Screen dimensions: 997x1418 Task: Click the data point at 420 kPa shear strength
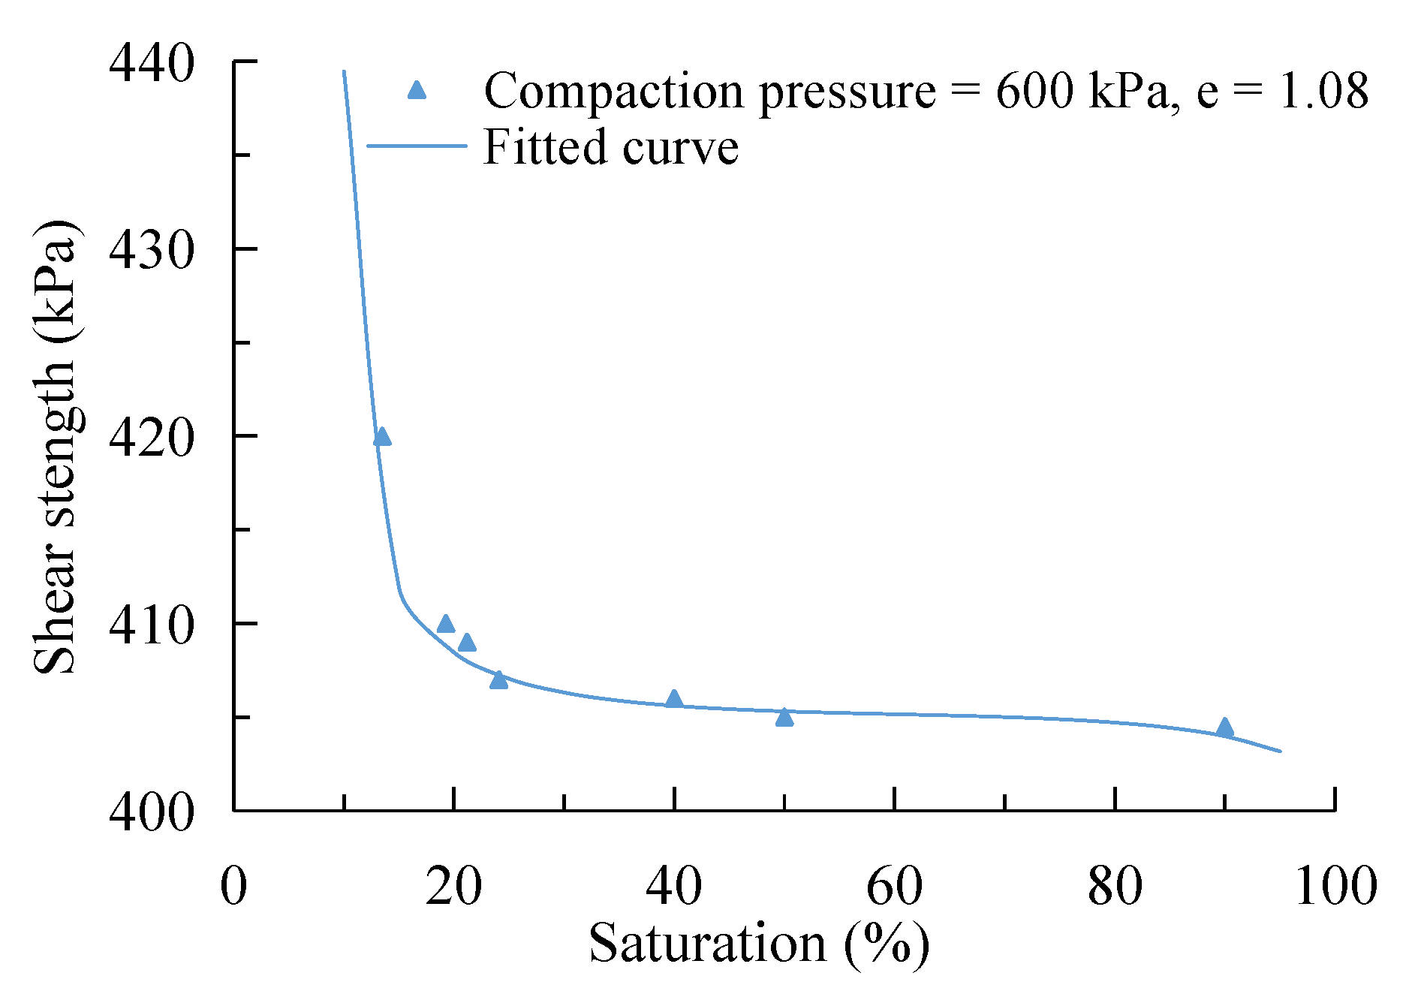pyautogui.click(x=382, y=437)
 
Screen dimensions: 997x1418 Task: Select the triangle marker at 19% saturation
pyautogui.click(x=446, y=624)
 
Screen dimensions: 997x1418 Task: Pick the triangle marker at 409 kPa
pyautogui.click(x=467, y=643)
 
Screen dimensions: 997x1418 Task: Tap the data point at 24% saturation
pyautogui.click(x=499, y=680)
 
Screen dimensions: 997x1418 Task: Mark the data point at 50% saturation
pyautogui.click(x=784, y=718)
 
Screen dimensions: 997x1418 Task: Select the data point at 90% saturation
pyautogui.click(x=1225, y=727)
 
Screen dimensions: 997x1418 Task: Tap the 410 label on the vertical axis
pyautogui.click(x=151, y=625)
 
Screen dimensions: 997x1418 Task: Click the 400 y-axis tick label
pyautogui.click(x=151, y=812)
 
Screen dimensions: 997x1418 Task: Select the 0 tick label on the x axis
pyautogui.click(x=233, y=886)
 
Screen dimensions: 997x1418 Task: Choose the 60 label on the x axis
pyautogui.click(x=894, y=886)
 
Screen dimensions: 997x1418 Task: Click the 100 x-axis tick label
pyautogui.click(x=1335, y=886)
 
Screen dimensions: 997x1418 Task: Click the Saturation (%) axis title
pyautogui.click(x=759, y=944)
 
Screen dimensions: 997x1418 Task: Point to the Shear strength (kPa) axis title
pyautogui.click(x=55, y=447)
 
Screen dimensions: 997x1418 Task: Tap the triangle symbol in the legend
pyautogui.click(x=417, y=91)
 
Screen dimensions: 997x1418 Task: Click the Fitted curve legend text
pyautogui.click(x=611, y=147)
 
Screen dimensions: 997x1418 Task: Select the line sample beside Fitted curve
pyautogui.click(x=417, y=146)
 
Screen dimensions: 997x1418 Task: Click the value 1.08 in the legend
pyautogui.click(x=1324, y=91)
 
